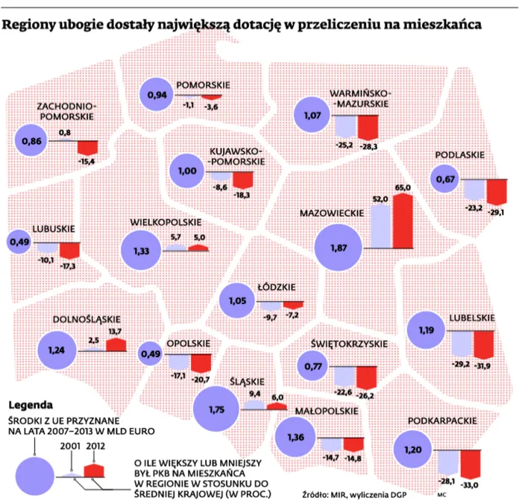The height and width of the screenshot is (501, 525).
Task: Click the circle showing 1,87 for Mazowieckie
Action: (x=339, y=248)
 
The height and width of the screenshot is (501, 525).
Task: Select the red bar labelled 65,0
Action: (x=403, y=221)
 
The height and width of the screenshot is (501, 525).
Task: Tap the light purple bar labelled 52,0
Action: (x=381, y=226)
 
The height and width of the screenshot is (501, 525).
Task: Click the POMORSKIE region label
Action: (x=203, y=85)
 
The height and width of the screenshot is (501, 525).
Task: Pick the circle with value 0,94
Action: (x=157, y=95)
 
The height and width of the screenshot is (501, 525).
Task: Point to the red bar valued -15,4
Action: (x=88, y=148)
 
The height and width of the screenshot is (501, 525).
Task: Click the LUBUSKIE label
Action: (x=54, y=229)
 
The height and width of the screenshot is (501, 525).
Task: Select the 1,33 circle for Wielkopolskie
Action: (x=141, y=250)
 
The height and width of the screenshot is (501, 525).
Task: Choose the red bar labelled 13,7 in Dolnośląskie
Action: (x=116, y=344)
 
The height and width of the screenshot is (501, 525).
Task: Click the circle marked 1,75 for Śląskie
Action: (x=216, y=409)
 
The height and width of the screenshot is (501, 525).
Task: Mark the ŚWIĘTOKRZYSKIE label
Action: (x=349, y=344)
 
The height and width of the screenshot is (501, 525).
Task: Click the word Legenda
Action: (x=31, y=405)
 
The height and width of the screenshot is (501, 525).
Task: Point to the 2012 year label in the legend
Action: (x=95, y=446)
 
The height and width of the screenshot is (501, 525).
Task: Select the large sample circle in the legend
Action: (x=35, y=476)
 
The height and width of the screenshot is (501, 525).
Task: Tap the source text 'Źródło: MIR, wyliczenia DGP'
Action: (x=354, y=494)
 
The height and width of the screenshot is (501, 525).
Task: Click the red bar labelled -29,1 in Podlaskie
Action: (x=497, y=192)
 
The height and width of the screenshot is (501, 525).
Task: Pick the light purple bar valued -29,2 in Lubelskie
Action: (x=462, y=344)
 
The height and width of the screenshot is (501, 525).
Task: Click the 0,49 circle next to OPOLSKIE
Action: (x=151, y=353)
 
